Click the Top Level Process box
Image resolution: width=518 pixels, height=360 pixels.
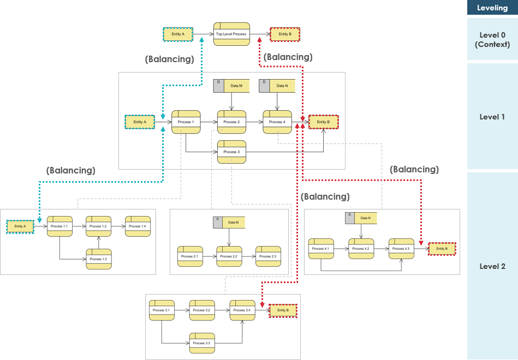pos(231,34)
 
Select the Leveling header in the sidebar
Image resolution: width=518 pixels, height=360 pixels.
pos(492,8)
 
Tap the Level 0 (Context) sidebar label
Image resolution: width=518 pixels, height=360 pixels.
pos(492,39)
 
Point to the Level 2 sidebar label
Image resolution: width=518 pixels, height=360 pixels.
pos(492,266)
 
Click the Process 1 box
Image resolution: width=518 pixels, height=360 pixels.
pos(186,122)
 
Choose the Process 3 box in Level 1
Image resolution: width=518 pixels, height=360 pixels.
pos(231,152)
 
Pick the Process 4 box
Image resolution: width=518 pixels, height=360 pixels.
pos(277,122)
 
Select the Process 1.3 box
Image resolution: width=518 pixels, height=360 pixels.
pos(98,259)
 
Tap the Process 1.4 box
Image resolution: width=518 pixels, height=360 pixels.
pos(138,226)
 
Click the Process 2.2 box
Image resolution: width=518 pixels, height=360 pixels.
pos(229,256)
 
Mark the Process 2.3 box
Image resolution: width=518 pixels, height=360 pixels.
pos(268,256)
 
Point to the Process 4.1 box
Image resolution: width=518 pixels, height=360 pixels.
pos(321,249)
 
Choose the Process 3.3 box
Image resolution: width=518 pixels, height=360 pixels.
pos(202,343)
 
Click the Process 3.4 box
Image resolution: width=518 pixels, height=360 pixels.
pos(242,310)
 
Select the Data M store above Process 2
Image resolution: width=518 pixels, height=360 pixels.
pos(231,86)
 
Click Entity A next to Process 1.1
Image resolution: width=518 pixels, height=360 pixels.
pos(20,226)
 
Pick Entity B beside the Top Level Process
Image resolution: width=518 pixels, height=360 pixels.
pos(285,34)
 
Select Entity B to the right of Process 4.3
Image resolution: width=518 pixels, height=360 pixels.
pos(442,249)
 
